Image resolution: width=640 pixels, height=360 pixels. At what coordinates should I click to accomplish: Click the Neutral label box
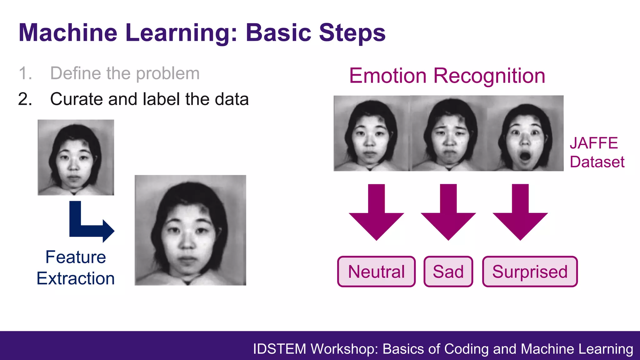[x=376, y=272]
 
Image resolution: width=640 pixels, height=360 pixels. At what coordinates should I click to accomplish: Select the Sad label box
[x=448, y=272]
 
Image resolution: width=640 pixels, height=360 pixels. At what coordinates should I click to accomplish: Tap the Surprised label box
[x=530, y=272]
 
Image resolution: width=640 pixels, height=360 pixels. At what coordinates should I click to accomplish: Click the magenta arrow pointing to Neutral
[x=376, y=216]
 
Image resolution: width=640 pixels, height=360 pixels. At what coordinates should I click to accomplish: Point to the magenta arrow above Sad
[x=448, y=216]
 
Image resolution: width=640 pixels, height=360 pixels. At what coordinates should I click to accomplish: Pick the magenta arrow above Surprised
[x=520, y=216]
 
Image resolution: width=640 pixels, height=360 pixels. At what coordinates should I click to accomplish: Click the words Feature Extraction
[x=76, y=267]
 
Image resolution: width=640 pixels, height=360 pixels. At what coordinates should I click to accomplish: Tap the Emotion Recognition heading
[x=447, y=76]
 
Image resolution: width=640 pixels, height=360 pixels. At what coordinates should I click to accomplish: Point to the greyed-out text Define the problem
[x=125, y=73]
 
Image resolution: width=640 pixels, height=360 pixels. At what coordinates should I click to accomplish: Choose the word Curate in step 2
[x=76, y=99]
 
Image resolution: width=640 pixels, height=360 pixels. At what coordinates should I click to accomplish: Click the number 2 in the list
[x=25, y=99]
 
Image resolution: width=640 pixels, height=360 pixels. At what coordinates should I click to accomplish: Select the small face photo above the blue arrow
[x=76, y=157]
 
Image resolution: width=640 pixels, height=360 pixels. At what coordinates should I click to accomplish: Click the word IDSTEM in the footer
[x=279, y=349]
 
